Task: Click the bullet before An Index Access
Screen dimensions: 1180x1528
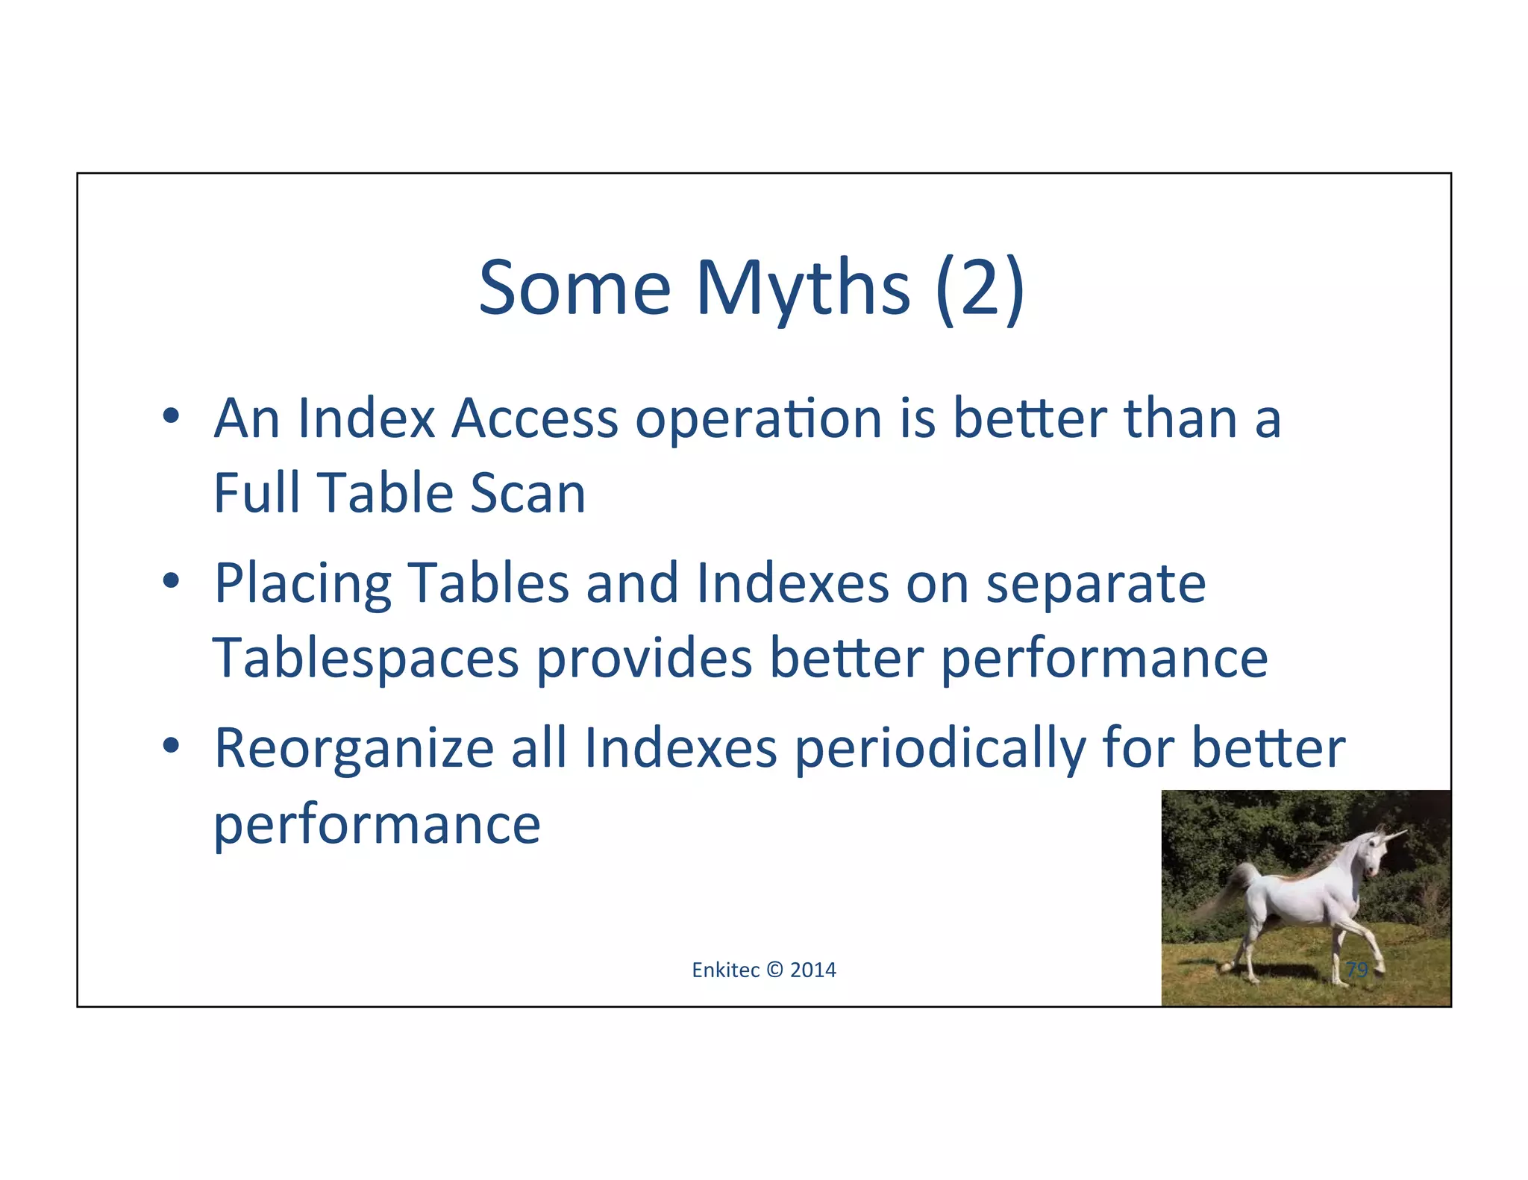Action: click(x=171, y=416)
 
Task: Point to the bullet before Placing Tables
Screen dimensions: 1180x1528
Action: click(x=171, y=581)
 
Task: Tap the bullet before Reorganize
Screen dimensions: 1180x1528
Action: click(x=171, y=746)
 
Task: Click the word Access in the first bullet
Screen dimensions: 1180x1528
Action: click(x=535, y=418)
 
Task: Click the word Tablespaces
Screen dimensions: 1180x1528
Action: click(x=366, y=659)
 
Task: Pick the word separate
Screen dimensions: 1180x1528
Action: click(x=1095, y=584)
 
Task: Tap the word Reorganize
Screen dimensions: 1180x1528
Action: click(x=354, y=749)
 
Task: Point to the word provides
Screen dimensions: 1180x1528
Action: click(x=644, y=659)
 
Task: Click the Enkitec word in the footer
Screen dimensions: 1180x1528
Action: click(x=725, y=970)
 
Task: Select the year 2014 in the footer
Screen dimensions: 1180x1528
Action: click(x=813, y=970)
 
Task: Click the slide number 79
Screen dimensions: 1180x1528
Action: click(x=1356, y=970)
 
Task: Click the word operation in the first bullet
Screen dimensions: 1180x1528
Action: click(x=759, y=418)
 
